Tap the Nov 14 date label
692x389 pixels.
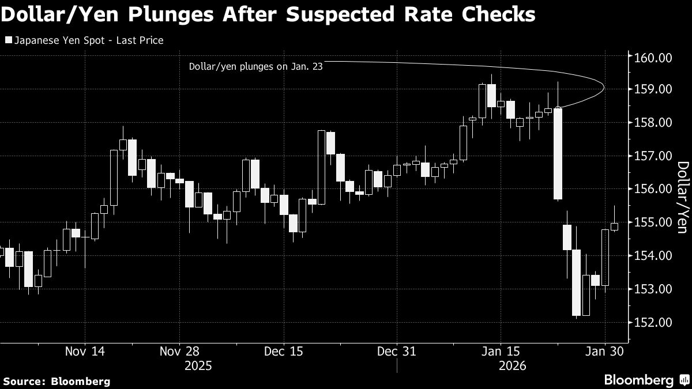85,350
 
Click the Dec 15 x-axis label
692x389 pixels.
283,350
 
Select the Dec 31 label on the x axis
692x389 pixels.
397,350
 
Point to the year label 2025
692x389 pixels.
197,365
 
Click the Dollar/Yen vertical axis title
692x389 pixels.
682,197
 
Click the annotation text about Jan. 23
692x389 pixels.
255,66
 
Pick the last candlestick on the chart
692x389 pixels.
614,226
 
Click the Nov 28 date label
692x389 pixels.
180,350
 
